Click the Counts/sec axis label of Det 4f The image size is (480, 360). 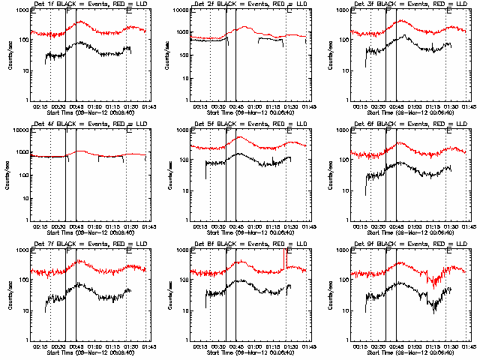point(9,175)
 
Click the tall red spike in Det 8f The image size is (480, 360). point(286,256)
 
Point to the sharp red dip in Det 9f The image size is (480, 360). point(433,283)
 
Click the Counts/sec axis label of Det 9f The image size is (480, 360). point(330,295)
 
